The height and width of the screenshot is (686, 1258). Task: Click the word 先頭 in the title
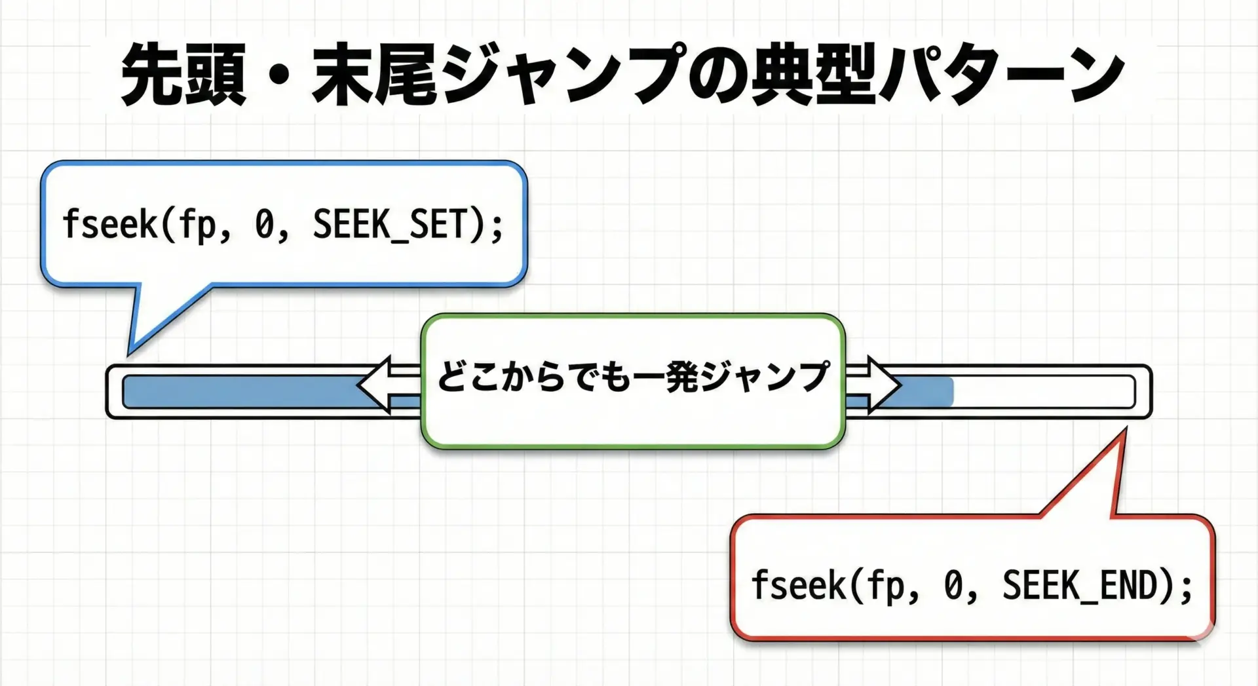(x=184, y=75)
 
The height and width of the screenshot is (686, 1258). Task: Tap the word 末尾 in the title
(x=374, y=75)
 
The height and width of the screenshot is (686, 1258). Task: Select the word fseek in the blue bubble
(x=109, y=224)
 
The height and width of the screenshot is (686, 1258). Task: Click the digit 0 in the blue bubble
(x=264, y=225)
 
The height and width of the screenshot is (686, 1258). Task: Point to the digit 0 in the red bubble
(x=953, y=586)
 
